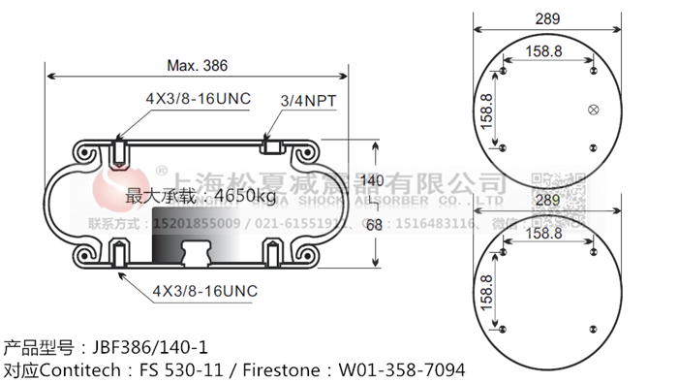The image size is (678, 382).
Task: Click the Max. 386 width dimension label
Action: pos(197,66)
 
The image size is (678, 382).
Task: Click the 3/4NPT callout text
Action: pos(302,100)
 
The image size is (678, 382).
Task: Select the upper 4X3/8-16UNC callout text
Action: pos(197,100)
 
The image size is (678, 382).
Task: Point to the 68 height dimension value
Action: pos(373,224)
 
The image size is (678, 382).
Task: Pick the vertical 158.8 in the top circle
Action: pos(487,112)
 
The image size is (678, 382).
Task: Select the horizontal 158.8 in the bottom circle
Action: pos(546,235)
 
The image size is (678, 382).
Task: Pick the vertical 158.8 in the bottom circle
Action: pos(487,292)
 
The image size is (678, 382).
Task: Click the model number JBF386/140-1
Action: pos(149,346)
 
